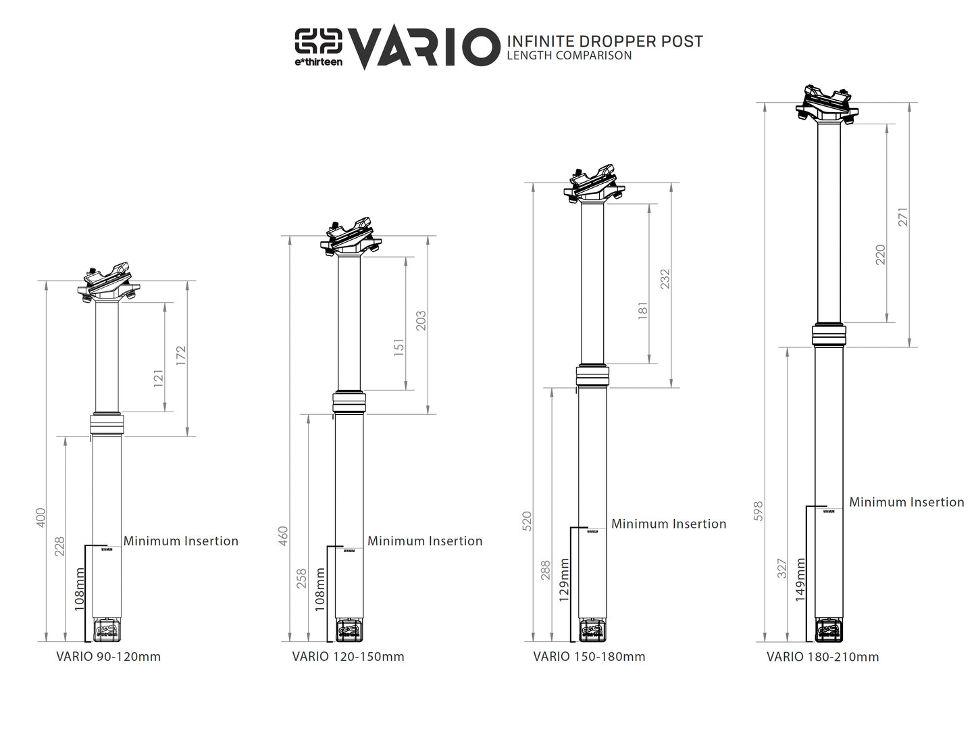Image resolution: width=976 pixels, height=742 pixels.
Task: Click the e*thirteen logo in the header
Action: (318, 47)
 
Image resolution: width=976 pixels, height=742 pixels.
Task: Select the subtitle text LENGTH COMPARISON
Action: (569, 56)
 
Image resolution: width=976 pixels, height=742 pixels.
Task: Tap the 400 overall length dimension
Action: (41, 519)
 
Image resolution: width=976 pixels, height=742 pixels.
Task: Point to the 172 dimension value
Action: (180, 356)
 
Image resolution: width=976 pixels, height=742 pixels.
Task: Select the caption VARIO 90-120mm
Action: (108, 657)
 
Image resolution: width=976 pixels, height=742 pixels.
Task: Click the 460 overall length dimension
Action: (284, 536)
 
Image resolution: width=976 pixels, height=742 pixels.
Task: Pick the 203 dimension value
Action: (421, 321)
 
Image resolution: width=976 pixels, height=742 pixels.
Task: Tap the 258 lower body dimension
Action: (303, 578)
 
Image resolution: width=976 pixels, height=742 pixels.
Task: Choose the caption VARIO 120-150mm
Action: (348, 657)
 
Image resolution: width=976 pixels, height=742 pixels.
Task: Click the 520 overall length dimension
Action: (528, 521)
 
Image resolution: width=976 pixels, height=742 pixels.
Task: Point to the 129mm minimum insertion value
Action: (564, 578)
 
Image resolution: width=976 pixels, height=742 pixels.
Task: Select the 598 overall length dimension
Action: (758, 511)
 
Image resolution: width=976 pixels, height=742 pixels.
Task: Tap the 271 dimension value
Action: (903, 216)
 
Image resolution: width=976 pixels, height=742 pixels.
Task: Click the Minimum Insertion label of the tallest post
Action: (906, 502)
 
